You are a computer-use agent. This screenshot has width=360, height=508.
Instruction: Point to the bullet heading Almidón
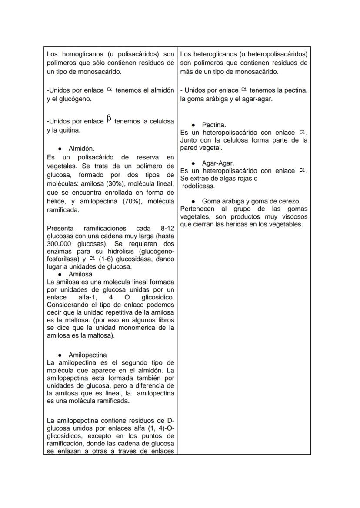(81, 149)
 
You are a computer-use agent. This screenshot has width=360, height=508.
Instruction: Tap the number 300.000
(62, 244)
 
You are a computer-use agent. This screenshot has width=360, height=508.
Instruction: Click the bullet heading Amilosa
(80, 274)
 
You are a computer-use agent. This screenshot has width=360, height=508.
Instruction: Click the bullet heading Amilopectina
(87, 355)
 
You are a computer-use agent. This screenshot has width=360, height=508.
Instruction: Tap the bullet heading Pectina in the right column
(213, 125)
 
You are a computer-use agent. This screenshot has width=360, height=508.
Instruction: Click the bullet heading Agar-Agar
(218, 163)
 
